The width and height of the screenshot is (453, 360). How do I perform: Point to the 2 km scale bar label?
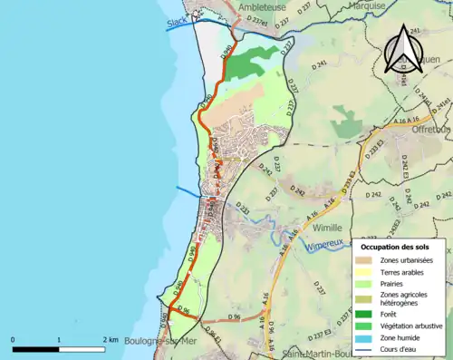click(111, 339)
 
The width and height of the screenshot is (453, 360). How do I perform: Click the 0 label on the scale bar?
click(13, 339)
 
